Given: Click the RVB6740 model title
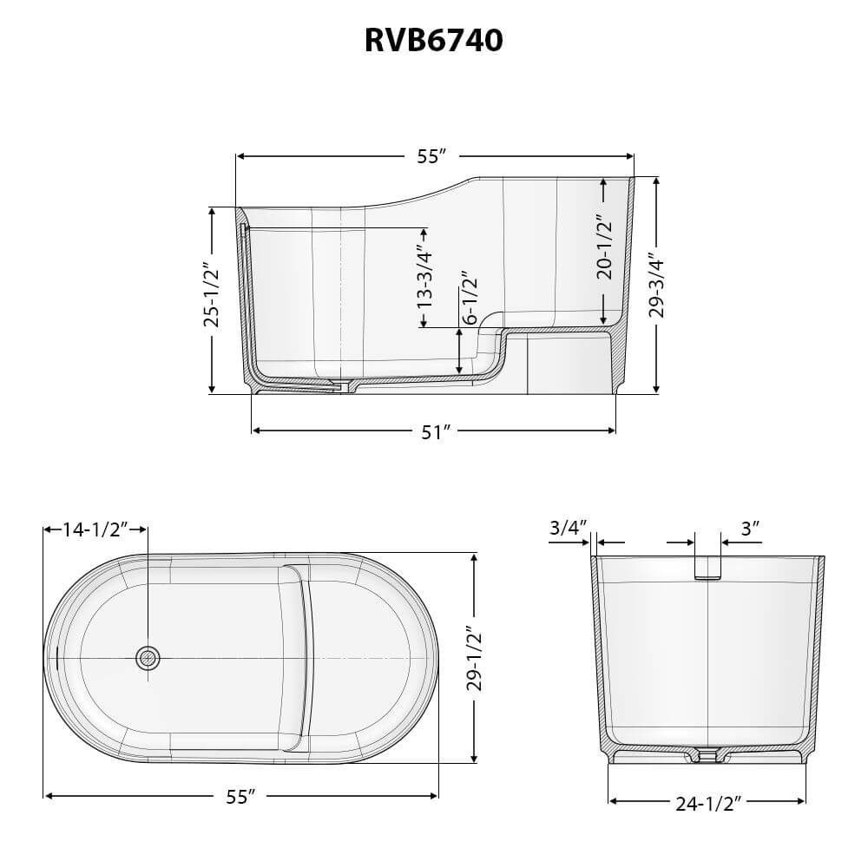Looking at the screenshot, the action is tap(433, 41).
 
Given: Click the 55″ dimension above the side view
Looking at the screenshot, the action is tap(431, 156).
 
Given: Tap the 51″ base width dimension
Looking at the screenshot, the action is tap(435, 431).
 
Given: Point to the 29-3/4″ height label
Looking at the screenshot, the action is tap(657, 285).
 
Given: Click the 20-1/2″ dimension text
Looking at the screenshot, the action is tap(604, 248).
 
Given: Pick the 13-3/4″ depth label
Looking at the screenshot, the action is tap(424, 276).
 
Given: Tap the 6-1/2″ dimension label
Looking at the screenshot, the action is tap(470, 298).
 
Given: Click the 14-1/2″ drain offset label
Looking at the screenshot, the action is tap(95, 529).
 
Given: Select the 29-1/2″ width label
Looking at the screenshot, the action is tap(475, 658).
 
